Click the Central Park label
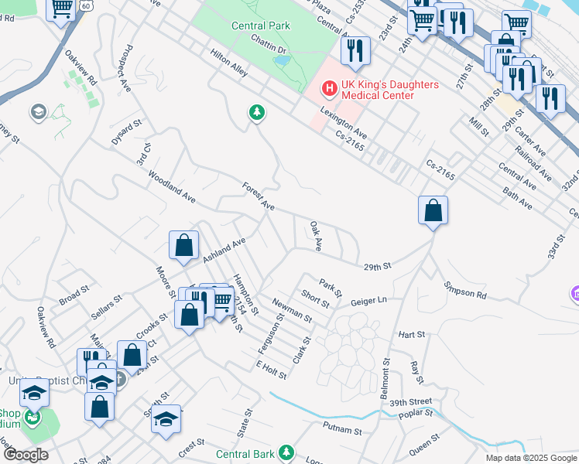click(260, 26)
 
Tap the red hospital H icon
click(329, 90)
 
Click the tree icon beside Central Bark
click(286, 452)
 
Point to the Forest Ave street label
click(258, 197)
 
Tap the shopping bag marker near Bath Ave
click(433, 210)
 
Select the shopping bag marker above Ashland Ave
click(183, 245)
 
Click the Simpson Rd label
click(465, 290)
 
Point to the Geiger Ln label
click(368, 301)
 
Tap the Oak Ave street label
click(316, 236)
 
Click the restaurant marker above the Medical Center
click(355, 51)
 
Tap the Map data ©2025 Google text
click(530, 457)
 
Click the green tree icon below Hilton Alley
click(256, 114)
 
